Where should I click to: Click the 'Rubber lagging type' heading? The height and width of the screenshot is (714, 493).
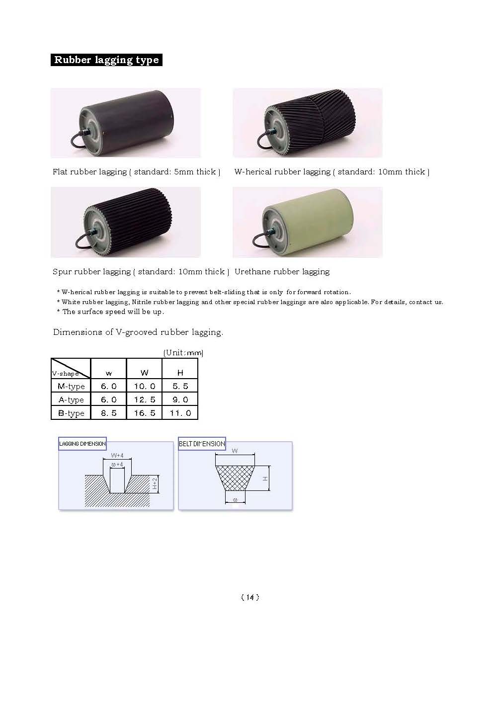(x=106, y=60)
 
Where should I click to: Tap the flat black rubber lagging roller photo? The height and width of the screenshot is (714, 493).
(x=126, y=123)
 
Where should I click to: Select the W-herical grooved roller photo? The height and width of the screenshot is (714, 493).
(x=308, y=123)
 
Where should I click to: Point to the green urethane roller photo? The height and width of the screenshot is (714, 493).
(x=308, y=222)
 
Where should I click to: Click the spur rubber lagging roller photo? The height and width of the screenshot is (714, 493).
(x=126, y=222)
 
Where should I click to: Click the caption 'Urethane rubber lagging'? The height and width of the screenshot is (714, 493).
(x=282, y=272)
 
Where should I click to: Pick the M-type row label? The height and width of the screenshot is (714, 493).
(x=71, y=387)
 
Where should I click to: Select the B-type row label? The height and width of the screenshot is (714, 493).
(x=71, y=413)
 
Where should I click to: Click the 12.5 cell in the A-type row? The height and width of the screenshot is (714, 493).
(x=144, y=400)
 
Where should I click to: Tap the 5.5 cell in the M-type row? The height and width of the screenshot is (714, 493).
(x=180, y=387)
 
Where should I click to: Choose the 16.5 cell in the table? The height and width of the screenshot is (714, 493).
(x=144, y=413)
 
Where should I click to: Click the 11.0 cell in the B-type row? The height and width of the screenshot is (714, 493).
(x=180, y=413)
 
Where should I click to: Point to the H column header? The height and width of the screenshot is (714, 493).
(x=180, y=373)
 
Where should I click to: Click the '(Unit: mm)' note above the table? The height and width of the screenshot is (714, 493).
(x=183, y=353)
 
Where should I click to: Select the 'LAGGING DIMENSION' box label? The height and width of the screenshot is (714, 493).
(x=82, y=444)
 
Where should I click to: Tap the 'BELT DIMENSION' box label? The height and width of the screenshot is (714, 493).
(x=202, y=444)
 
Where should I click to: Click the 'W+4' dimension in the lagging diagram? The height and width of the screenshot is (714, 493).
(x=117, y=455)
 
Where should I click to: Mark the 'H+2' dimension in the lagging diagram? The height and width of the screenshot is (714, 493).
(x=155, y=483)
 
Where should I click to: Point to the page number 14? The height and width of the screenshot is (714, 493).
(x=249, y=597)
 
